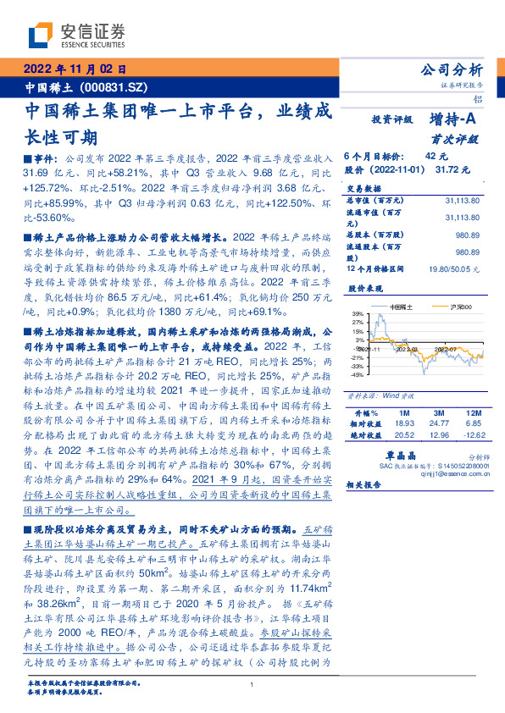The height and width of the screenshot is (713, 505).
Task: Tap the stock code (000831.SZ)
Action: click(x=114, y=87)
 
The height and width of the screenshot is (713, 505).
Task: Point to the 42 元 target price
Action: click(x=436, y=157)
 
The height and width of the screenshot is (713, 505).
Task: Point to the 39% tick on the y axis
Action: click(x=358, y=313)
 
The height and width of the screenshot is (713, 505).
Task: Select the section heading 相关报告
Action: click(x=364, y=485)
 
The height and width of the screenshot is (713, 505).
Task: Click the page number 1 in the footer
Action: click(x=252, y=684)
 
